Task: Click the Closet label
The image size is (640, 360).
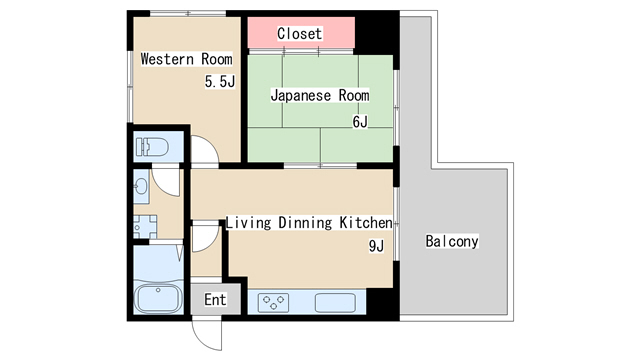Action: [299, 33]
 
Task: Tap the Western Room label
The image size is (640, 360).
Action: [187, 59]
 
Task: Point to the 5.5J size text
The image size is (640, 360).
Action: [220, 82]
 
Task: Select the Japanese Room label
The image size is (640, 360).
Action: [320, 96]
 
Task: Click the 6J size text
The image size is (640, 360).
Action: [360, 122]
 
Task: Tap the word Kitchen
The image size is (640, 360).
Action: [366, 223]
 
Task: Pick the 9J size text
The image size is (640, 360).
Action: [376, 246]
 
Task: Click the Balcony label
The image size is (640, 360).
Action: [452, 241]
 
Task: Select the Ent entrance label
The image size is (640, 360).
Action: [215, 300]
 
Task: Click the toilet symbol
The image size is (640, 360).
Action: [152, 147]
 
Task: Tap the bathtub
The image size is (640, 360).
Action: [158, 299]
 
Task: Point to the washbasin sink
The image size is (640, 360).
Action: [141, 186]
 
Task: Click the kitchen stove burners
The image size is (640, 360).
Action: [273, 303]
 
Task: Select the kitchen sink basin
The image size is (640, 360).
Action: [335, 303]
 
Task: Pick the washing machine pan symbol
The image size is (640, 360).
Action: [145, 227]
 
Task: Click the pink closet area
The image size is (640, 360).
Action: [301, 33]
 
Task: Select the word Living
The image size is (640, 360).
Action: [249, 223]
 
